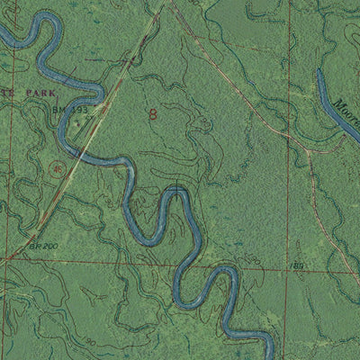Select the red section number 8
[154, 114]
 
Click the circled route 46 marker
[58, 167]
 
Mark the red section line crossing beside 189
[288, 266]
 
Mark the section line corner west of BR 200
[7, 256]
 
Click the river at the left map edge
[3, 34]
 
